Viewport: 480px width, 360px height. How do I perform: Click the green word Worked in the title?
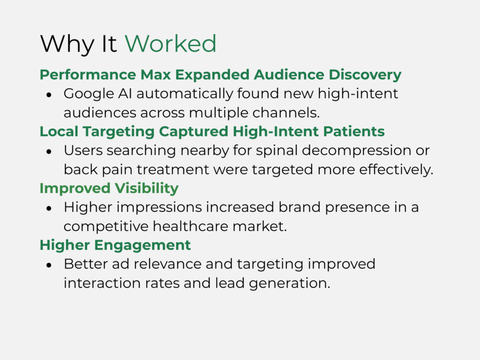[171, 44]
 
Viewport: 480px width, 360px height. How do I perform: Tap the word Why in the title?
[67, 45]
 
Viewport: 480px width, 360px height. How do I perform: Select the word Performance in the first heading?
[88, 75]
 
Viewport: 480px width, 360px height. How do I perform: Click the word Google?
[89, 94]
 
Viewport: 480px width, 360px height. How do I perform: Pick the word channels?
[286, 113]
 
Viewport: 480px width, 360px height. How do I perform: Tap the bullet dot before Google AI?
[49, 95]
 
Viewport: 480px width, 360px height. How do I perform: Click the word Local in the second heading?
[59, 132]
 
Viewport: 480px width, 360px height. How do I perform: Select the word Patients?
[353, 132]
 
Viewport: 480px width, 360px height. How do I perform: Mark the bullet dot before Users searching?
[49, 151]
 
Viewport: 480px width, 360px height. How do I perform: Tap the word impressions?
[159, 208]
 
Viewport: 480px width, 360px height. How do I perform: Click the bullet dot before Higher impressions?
[49, 209]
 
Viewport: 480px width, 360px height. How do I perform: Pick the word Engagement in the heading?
[142, 246]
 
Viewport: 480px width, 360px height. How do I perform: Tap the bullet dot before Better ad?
[49, 265]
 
